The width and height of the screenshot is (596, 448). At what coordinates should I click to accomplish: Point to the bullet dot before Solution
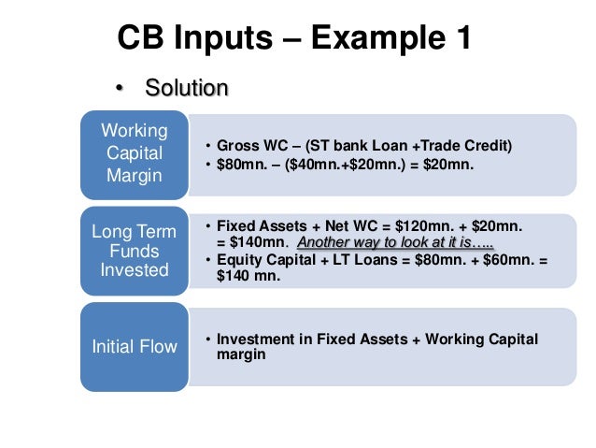[x=119, y=90]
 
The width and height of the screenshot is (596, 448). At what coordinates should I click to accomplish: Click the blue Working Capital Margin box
[x=134, y=153]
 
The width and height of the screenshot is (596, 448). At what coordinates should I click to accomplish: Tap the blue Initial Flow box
[x=134, y=347]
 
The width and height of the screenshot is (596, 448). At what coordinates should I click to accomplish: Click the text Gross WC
[x=250, y=147]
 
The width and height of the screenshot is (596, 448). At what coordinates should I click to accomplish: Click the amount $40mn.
[x=322, y=165]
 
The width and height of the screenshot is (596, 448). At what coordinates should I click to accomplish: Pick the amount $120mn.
[x=419, y=227]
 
